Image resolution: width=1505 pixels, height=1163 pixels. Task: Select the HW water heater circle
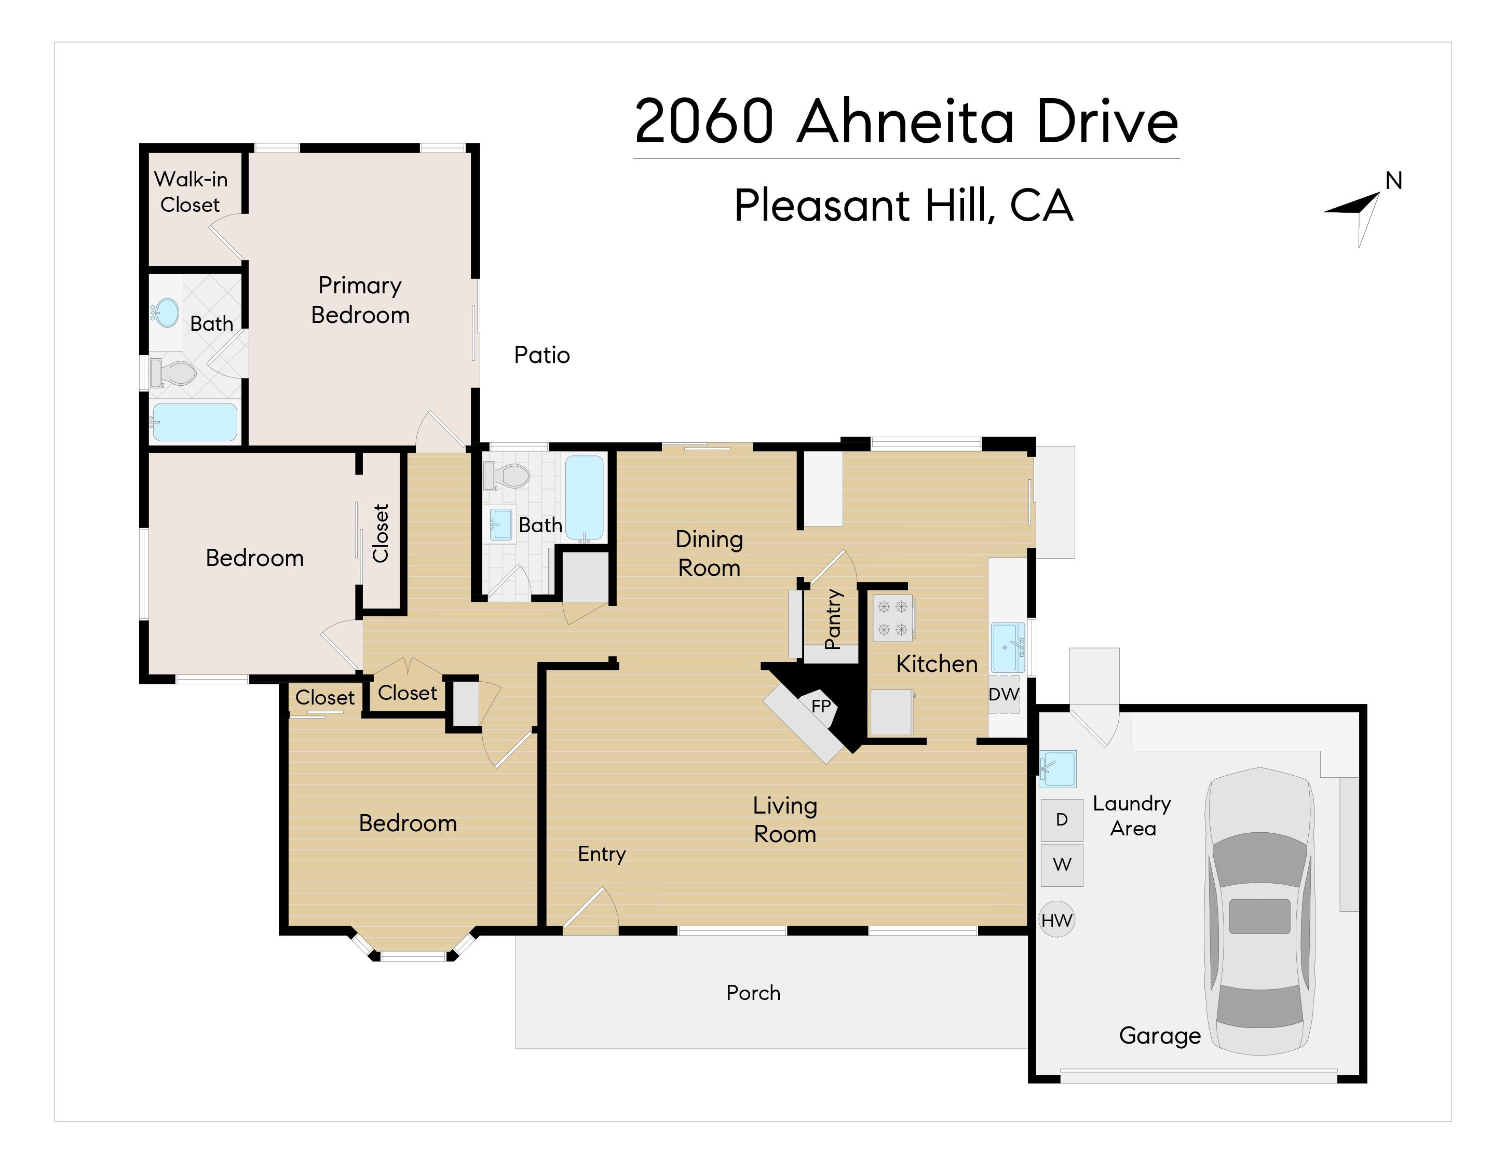(1056, 920)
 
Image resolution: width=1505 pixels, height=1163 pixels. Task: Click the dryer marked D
(1061, 820)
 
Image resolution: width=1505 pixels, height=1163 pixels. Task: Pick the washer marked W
(1061, 864)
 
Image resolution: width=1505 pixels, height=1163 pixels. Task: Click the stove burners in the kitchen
(893, 618)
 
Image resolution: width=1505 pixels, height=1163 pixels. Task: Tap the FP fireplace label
(821, 706)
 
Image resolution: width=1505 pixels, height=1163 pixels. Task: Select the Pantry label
(832, 619)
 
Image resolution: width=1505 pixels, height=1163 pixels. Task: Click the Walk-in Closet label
(190, 192)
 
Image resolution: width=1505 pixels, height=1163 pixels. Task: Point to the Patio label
(541, 355)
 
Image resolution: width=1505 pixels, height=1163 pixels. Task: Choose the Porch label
(753, 993)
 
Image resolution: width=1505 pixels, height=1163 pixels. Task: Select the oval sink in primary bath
(166, 313)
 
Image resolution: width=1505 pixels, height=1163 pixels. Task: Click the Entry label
(602, 854)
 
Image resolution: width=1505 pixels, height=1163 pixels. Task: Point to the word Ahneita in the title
(905, 122)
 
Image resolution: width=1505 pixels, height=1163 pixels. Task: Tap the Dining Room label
(709, 553)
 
